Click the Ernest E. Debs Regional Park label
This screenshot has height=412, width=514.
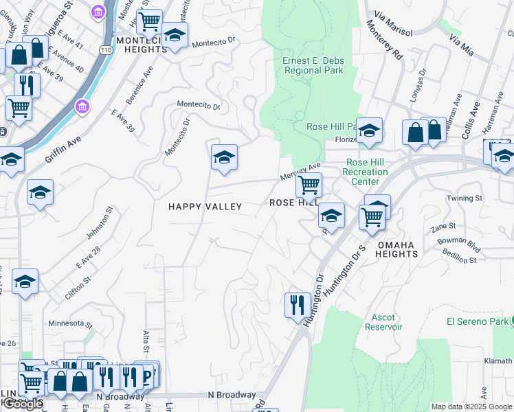coord(313,66)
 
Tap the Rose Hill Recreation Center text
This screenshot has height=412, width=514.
coord(364,172)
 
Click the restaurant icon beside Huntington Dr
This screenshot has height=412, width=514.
coord(297,304)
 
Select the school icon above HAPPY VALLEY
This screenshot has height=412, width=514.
coord(224,159)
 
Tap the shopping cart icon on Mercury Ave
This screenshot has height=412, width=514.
coord(309,184)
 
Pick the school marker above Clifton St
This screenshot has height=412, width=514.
coord(25,282)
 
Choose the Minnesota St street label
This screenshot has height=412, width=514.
coord(70,323)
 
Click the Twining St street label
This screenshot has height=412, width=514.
coord(465,198)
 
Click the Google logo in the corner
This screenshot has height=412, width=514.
coord(23,404)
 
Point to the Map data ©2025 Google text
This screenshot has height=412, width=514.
coord(471,407)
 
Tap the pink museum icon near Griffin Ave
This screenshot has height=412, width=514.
coord(83,108)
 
